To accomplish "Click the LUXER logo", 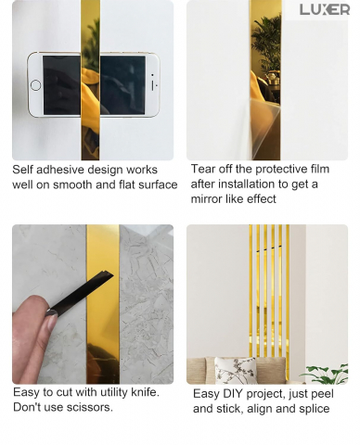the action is [x=325, y=9].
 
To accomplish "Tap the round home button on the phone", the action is [x=35, y=85].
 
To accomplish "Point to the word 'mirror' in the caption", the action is [x=205, y=199].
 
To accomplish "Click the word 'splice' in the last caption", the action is [x=315, y=409].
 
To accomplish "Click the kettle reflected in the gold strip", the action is [x=272, y=77].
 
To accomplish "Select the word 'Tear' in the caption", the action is [x=202, y=169].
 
